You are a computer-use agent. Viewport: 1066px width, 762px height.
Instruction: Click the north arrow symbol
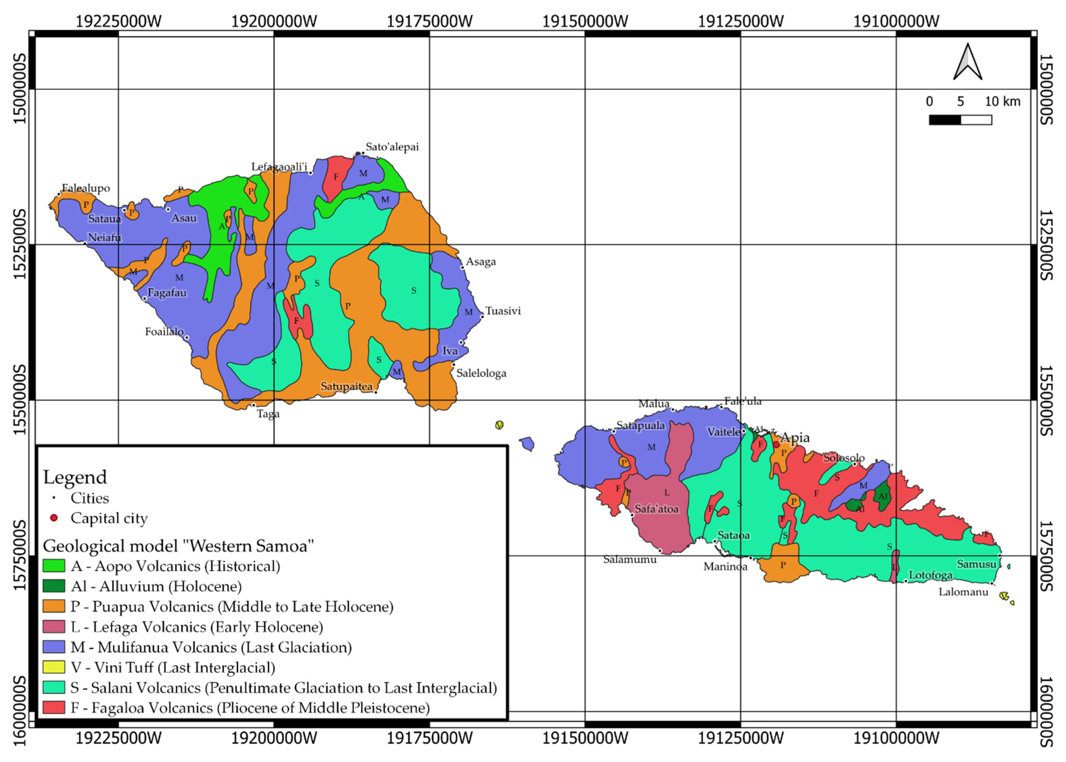click(967, 62)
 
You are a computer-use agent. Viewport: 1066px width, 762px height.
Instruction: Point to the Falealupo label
click(86, 188)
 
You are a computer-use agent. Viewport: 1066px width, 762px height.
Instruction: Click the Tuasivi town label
click(503, 311)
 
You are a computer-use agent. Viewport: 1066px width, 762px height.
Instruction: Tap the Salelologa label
click(481, 373)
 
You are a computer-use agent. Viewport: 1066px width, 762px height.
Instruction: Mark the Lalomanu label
click(963, 592)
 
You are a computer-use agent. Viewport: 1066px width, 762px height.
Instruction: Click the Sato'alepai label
click(392, 147)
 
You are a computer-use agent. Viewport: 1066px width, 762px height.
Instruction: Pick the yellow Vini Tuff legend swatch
click(53, 667)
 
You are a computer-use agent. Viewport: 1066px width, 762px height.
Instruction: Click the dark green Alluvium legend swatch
click(53, 586)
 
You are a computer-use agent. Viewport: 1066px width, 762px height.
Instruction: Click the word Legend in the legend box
click(75, 477)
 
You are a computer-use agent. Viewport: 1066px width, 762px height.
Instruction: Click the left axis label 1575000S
click(20, 555)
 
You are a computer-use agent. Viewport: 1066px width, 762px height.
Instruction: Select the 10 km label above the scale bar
click(1002, 101)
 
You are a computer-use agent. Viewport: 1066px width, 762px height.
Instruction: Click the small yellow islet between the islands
click(499, 425)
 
